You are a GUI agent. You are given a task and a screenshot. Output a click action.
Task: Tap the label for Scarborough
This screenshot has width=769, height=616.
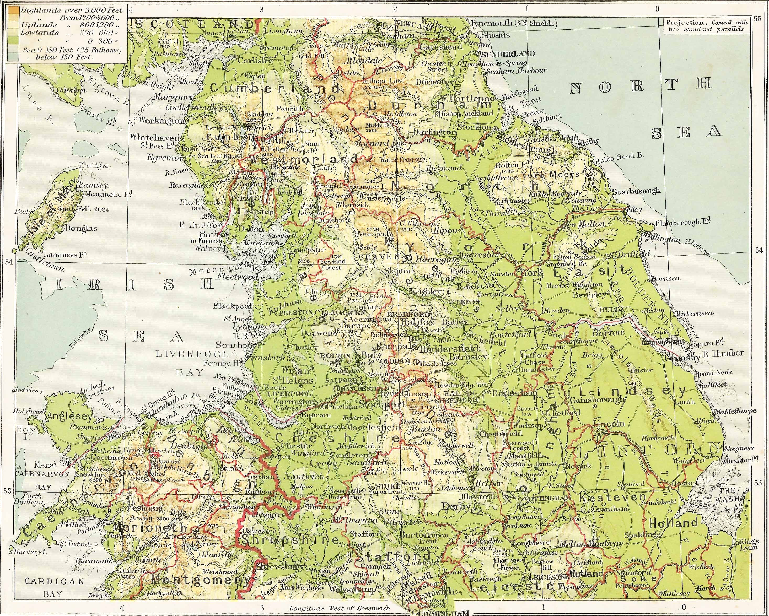[636, 191]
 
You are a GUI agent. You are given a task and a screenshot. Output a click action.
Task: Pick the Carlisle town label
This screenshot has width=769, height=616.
[252, 61]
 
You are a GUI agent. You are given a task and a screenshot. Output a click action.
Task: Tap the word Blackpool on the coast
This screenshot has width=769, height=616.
[233, 306]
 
